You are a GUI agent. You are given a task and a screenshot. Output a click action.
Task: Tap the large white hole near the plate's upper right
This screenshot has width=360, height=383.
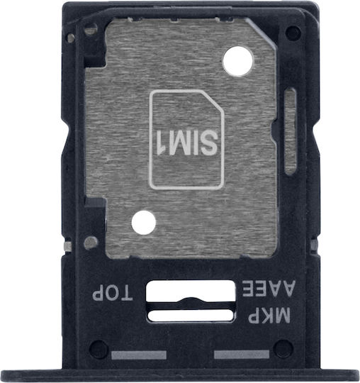(x=238, y=61)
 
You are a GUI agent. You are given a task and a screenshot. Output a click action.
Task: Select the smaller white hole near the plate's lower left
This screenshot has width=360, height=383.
(x=144, y=223)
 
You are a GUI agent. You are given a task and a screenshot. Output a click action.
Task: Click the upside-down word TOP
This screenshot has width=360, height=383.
(x=112, y=292)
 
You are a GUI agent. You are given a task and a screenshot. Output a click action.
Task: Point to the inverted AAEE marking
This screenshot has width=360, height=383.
(x=269, y=289)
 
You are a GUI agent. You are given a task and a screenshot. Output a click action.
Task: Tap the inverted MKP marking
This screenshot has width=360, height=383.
(x=269, y=316)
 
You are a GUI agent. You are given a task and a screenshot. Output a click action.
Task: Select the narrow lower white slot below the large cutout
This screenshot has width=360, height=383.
(x=191, y=316)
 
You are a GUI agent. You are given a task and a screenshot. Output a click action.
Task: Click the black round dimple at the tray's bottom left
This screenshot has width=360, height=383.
(x=98, y=348)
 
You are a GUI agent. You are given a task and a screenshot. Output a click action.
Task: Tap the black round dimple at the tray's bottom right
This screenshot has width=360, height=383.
(x=283, y=348)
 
